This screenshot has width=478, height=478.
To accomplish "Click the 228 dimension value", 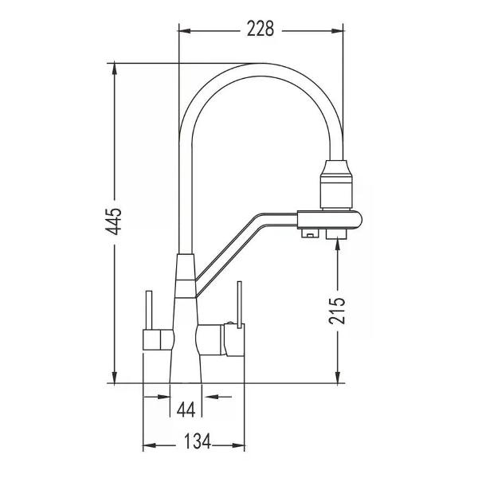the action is [x=261, y=29].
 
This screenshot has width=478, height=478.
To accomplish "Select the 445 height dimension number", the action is [x=114, y=221].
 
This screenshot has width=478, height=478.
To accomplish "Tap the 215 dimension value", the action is [x=337, y=311].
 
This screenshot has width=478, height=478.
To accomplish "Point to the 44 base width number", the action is [x=186, y=409].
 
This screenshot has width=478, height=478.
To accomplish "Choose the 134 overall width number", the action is [x=198, y=441].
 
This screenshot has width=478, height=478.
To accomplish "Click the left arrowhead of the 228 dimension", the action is [x=185, y=31].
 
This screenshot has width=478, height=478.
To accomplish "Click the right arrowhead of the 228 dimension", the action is [x=337, y=31].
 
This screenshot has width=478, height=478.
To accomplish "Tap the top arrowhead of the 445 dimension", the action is [x=114, y=69].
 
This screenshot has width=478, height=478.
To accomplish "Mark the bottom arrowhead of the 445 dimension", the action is [x=114, y=377].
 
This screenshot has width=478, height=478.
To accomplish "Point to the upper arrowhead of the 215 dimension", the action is [x=338, y=245].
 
